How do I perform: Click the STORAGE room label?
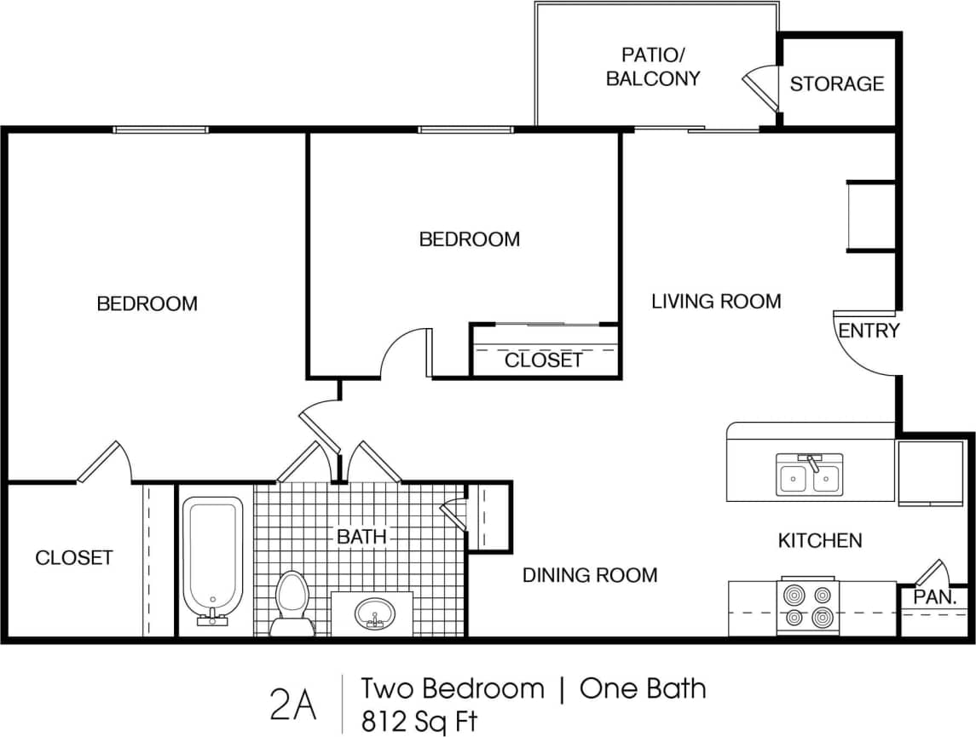tap(836, 83)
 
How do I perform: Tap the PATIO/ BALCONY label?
tap(653, 67)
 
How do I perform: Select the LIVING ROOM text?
tap(716, 301)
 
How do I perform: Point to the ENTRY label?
tap(869, 331)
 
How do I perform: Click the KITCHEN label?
tap(819, 540)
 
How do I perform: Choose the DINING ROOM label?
tap(590, 575)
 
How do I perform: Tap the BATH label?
tap(361, 537)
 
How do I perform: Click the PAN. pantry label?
tap(934, 597)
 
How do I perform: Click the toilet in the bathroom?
tap(292, 602)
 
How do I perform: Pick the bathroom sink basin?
tap(374, 613)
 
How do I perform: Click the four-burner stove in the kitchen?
tap(808, 607)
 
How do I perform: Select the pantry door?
tap(931, 572)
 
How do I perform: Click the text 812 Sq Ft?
tap(419, 722)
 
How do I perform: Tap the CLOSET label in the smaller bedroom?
tap(543, 360)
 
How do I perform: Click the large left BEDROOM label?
tap(147, 303)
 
